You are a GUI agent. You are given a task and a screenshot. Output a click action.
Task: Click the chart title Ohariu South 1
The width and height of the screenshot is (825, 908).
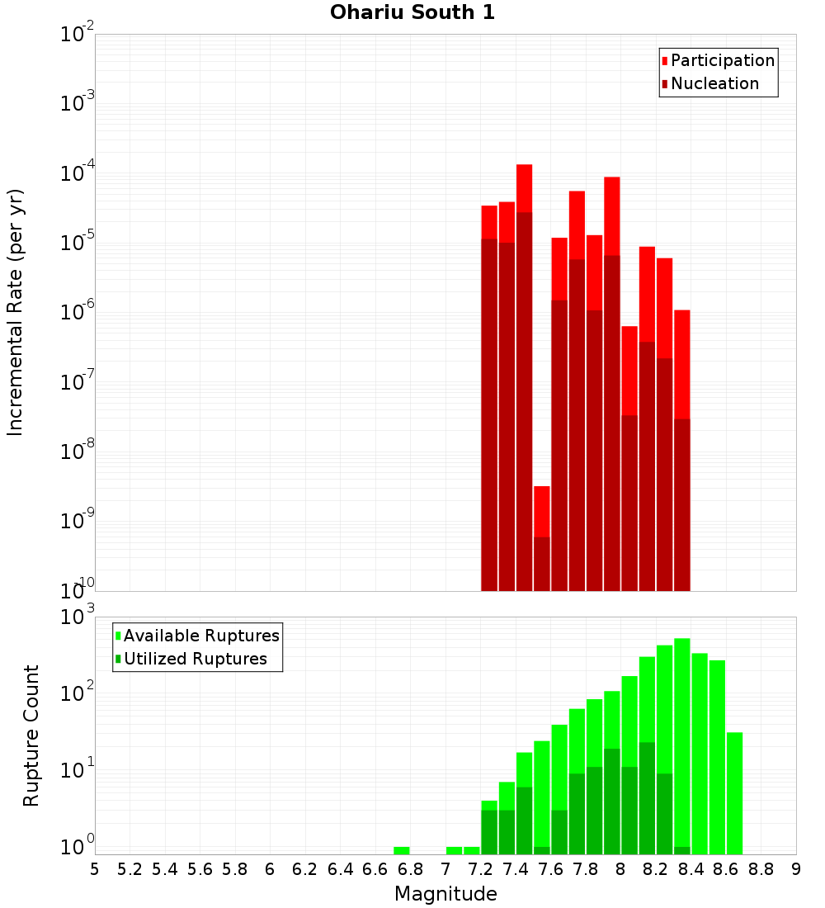412,13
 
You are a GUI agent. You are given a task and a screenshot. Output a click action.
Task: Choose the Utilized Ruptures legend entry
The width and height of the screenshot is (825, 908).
195,659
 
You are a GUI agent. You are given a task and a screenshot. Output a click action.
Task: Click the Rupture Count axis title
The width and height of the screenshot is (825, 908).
31,735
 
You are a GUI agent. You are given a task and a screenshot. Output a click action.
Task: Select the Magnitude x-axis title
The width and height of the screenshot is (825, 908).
445,894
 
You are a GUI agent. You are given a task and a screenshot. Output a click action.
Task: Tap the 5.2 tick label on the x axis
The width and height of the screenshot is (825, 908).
130,869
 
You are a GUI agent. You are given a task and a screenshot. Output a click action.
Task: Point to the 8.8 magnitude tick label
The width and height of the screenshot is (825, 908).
761,869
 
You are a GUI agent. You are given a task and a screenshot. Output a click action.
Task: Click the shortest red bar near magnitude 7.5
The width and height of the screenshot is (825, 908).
541,511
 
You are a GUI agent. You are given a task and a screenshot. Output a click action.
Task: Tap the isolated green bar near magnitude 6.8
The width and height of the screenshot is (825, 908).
402,850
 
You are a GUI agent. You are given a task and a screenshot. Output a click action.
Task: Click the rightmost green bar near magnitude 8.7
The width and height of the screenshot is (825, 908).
734,792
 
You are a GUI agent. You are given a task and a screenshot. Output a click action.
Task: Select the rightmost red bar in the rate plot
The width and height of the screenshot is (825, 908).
682,363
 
